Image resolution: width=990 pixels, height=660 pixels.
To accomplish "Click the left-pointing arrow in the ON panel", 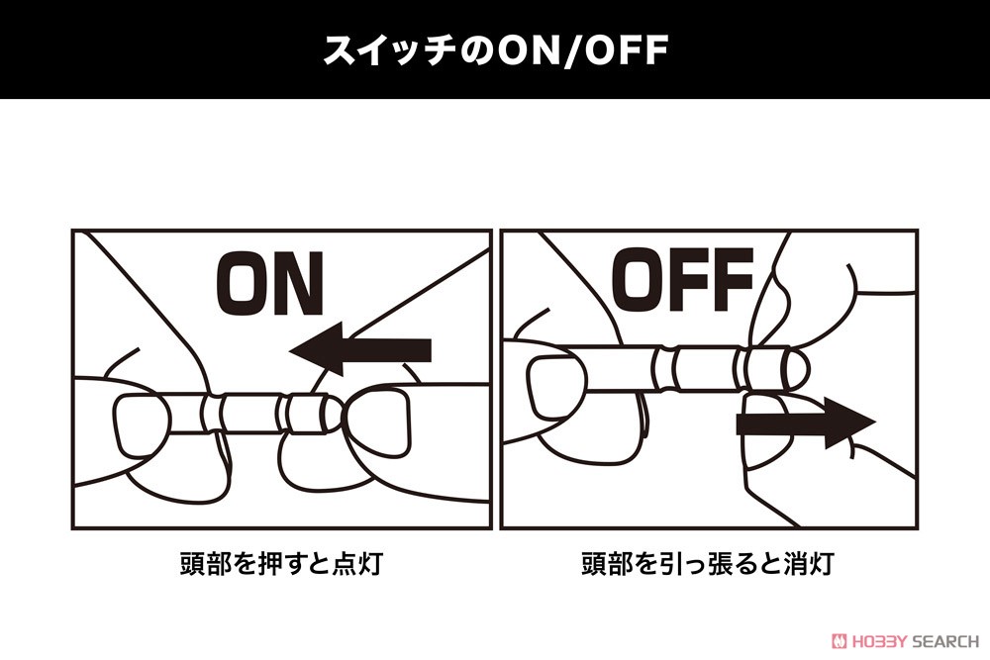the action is point(360,349).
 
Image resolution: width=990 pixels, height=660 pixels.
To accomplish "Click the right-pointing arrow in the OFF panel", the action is point(806,423).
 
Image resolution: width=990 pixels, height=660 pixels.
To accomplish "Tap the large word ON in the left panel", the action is point(269,284).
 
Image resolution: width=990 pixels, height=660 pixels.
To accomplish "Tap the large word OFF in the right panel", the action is point(683,280).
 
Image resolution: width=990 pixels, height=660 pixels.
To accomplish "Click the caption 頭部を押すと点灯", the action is point(281,563).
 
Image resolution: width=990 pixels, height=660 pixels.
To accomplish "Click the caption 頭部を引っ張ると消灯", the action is point(708,563).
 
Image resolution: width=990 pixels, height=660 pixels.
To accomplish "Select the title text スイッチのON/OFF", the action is point(495,49).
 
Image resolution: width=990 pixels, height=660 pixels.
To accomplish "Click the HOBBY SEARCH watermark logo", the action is point(905,641).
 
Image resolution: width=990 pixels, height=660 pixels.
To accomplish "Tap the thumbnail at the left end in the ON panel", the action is point(143,425).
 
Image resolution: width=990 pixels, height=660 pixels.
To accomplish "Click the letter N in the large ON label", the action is point(299,284).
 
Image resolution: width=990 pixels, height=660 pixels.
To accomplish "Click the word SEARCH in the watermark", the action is point(945,642).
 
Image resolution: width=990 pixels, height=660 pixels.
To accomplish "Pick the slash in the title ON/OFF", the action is point(572,50).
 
